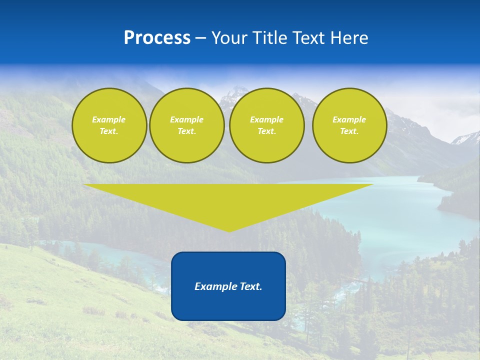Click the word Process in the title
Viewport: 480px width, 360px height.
coord(157,38)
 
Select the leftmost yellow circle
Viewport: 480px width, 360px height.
coord(109,125)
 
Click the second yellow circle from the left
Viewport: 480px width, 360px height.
coord(187,125)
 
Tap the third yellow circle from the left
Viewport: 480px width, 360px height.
coord(267,125)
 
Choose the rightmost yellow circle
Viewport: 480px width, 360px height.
coord(349,125)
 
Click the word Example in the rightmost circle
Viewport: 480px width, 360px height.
coord(349,119)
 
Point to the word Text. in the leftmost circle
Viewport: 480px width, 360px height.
coord(109,131)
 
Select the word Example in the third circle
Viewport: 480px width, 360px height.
coord(267,119)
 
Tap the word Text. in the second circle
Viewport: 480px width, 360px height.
coord(187,131)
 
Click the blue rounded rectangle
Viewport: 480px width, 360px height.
coord(228,305)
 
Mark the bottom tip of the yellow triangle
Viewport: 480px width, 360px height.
coord(229,231)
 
